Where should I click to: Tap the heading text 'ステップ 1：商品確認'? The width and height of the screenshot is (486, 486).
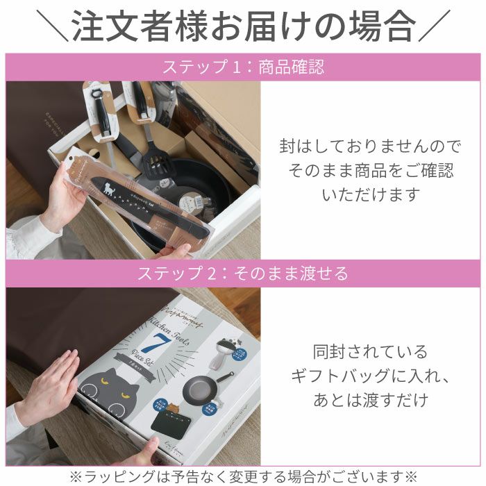coord(243,67)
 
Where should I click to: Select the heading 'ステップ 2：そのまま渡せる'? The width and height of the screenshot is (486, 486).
coord(243,274)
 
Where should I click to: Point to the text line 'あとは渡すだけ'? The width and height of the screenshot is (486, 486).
coord(371,400)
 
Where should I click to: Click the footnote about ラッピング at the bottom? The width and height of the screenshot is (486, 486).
coord(243,476)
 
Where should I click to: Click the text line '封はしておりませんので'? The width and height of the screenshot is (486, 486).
coord(371,146)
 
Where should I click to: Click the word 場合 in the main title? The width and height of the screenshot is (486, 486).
coord(378,26)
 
